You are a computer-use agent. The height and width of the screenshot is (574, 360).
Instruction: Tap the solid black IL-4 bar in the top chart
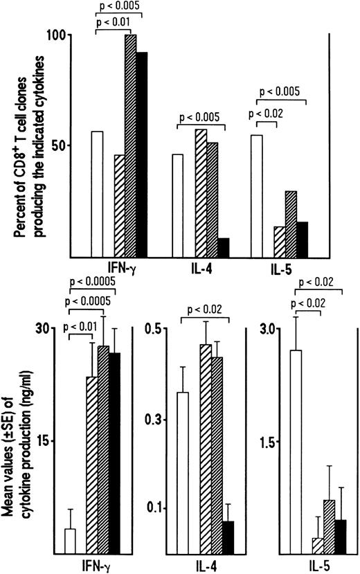coord(223,246)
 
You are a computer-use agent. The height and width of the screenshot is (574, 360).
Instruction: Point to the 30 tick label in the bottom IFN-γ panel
coord(47,329)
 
